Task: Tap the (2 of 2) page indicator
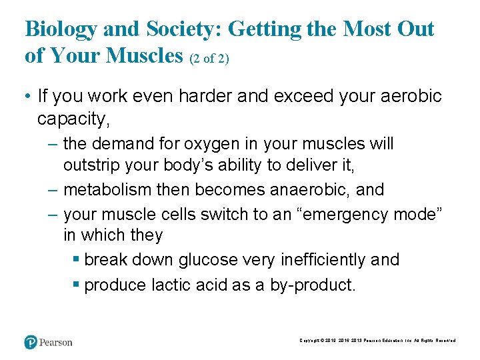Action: (209, 59)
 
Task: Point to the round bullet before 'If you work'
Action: (27, 97)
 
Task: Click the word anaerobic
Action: (309, 189)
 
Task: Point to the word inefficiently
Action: (313, 260)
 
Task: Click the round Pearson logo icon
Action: (30, 341)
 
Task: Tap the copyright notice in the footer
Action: (377, 341)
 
